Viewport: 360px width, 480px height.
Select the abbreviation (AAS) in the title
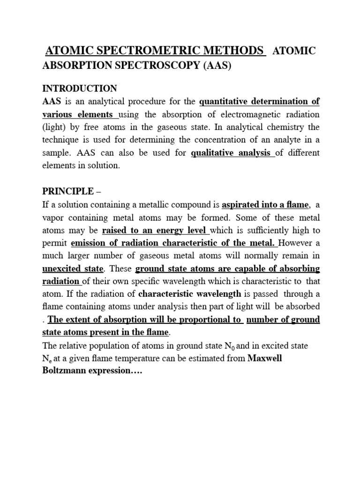217,66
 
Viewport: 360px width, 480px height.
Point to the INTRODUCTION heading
80,89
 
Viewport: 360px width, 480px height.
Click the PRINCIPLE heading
68,192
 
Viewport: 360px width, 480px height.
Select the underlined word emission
89,243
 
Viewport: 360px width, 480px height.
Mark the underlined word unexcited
66,269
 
